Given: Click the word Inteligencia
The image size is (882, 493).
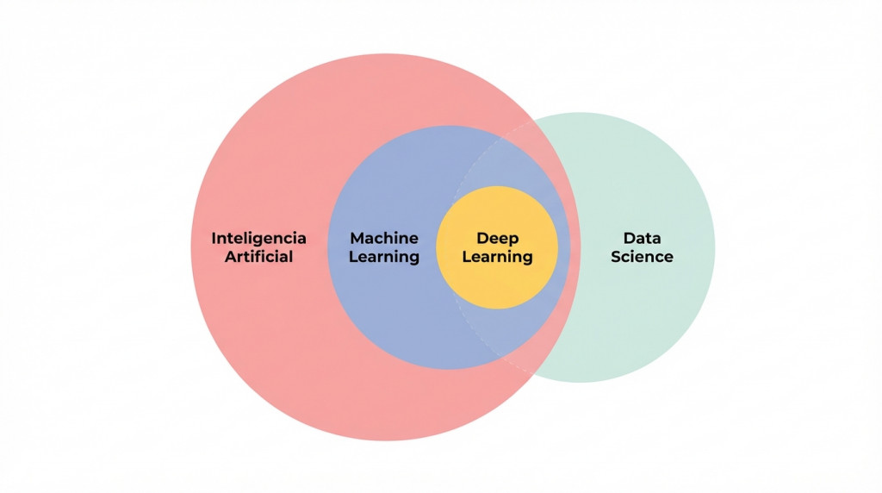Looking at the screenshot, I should click(258, 238).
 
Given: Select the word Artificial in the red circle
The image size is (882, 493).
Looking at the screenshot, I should click(258, 257).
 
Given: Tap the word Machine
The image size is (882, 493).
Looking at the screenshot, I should click(384, 238).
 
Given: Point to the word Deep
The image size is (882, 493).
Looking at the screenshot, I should click(498, 239).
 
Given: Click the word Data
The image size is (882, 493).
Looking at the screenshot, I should click(642, 238).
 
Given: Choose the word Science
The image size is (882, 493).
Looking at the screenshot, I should click(642, 257).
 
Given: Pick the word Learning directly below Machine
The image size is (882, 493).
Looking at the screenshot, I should click(384, 257).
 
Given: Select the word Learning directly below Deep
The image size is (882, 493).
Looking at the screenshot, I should click(498, 257).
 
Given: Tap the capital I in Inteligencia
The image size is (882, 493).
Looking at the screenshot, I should click(214, 238).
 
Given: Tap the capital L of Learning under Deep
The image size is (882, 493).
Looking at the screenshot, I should click(467, 257).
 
